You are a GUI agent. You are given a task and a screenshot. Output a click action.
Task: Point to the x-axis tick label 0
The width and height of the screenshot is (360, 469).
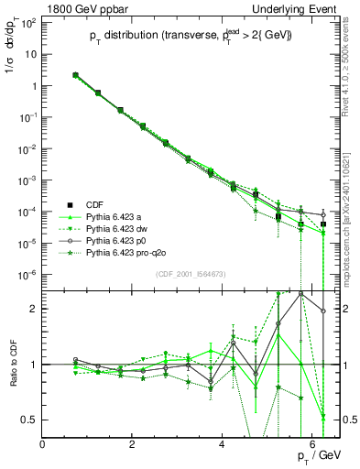click(x=42, y=444)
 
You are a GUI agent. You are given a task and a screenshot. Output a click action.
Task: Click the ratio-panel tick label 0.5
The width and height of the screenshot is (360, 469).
click(x=29, y=420)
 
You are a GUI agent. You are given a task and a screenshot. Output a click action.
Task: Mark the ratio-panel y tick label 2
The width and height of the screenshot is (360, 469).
click(x=34, y=309)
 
